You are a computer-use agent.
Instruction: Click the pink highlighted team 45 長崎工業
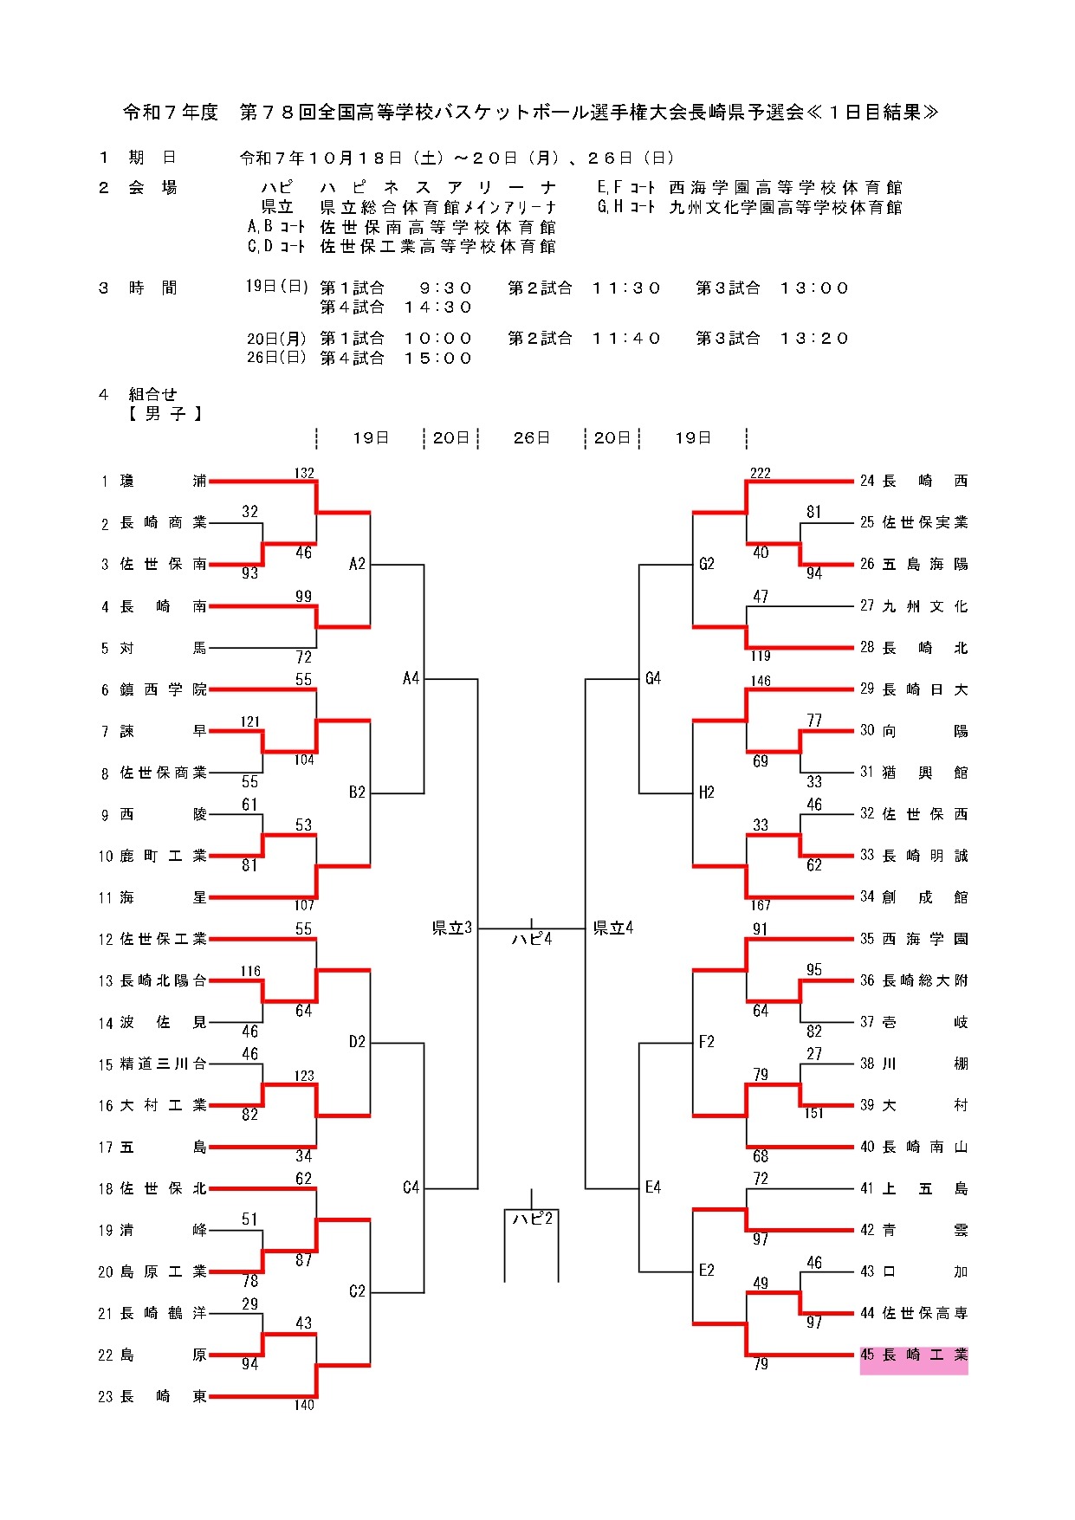click(x=914, y=1355)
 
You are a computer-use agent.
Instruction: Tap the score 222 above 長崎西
click(x=760, y=473)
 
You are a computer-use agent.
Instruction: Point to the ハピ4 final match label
click(x=531, y=939)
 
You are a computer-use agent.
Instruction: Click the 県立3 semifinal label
click(x=452, y=928)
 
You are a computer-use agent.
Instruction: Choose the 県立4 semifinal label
click(x=613, y=928)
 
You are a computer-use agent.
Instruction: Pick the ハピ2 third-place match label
click(x=532, y=1219)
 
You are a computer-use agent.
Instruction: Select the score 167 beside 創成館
click(x=761, y=906)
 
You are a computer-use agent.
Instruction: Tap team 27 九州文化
click(x=914, y=607)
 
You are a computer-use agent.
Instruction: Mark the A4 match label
click(x=411, y=679)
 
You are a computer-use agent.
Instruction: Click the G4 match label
click(x=653, y=679)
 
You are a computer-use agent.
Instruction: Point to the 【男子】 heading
click(x=165, y=414)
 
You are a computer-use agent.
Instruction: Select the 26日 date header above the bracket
click(x=531, y=438)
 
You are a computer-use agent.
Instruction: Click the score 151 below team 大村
click(x=813, y=1114)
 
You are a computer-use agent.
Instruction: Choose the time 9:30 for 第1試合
click(x=445, y=288)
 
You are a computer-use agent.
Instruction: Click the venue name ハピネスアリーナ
click(x=437, y=188)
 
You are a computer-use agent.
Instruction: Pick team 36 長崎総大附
click(x=914, y=981)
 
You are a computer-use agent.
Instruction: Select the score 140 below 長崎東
click(x=303, y=1406)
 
